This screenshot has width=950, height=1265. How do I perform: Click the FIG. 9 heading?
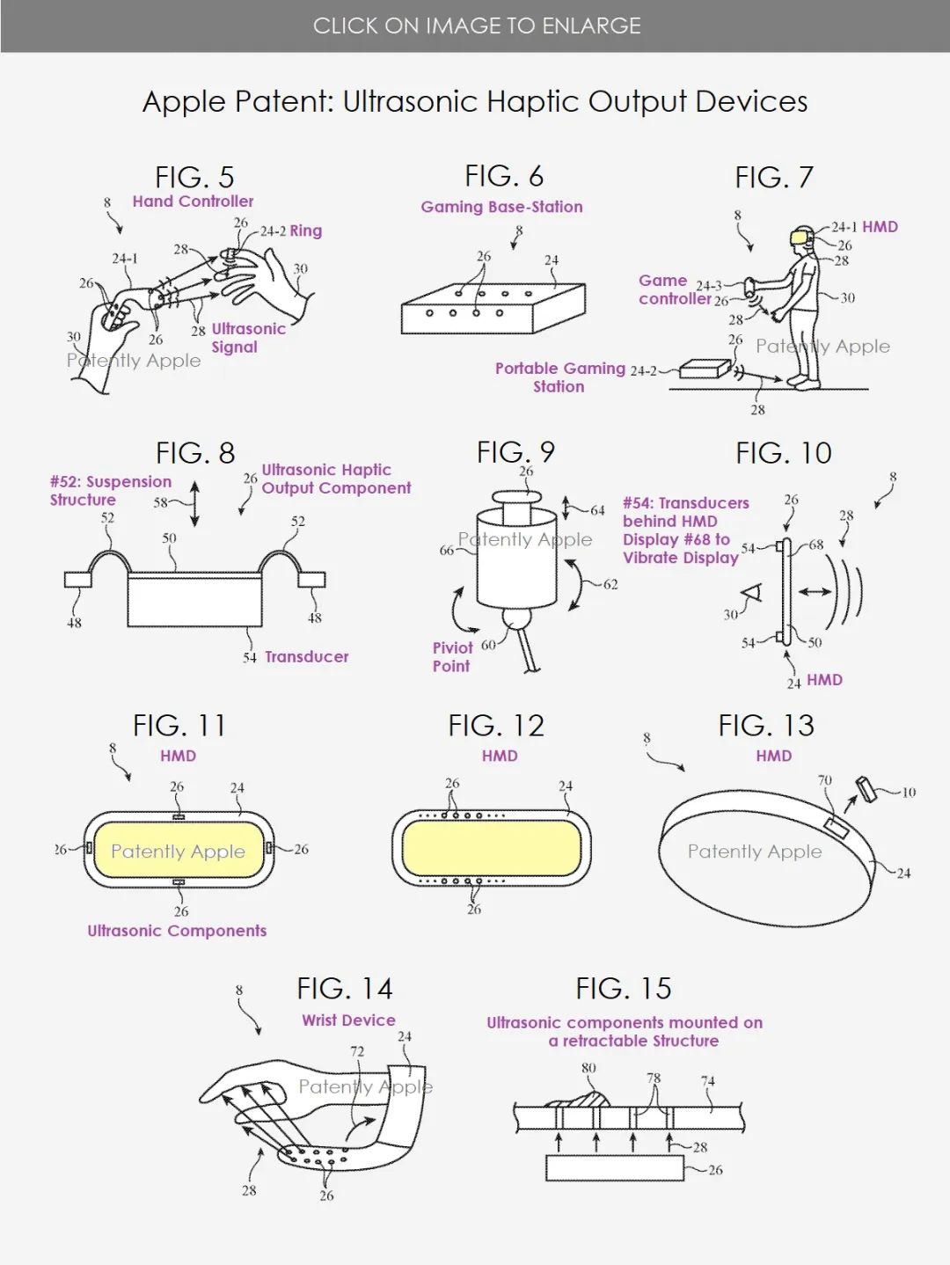point(515,452)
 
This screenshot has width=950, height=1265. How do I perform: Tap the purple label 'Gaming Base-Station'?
point(501,207)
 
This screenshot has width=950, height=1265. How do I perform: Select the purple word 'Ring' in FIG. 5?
point(306,231)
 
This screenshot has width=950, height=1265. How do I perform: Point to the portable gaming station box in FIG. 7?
point(705,369)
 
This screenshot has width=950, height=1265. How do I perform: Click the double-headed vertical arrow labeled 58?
point(194,504)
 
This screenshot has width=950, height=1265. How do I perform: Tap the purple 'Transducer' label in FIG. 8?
point(306,656)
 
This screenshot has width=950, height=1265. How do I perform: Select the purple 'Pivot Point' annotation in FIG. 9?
point(451,657)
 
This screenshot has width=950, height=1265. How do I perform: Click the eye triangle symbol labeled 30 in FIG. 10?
point(752,593)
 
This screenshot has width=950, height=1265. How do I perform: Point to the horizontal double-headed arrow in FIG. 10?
point(815,591)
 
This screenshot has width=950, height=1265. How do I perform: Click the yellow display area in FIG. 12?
point(492,847)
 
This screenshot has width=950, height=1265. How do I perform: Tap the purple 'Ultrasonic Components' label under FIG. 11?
point(177,931)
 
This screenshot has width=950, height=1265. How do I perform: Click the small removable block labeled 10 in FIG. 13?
point(866,788)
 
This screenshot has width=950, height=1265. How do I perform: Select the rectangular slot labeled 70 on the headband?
point(836,828)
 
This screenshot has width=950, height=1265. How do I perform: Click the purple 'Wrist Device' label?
point(348,1020)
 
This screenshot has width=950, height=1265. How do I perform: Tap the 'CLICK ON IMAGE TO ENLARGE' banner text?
point(477,26)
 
